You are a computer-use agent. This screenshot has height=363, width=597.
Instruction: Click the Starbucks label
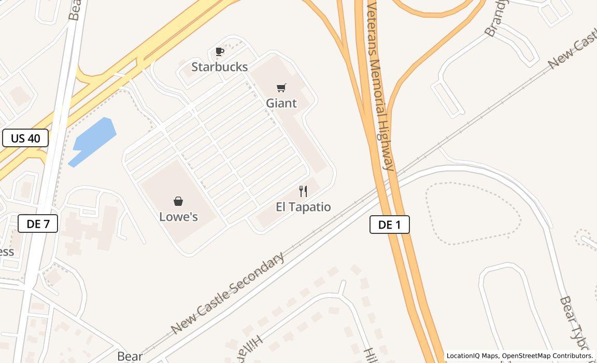point(220,67)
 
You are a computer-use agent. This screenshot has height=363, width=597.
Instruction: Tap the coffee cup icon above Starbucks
point(220,51)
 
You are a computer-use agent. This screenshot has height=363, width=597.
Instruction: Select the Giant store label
point(281,103)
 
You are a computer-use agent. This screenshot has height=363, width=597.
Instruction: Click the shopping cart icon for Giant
point(281,88)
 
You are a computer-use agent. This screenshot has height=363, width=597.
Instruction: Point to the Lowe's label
point(178,217)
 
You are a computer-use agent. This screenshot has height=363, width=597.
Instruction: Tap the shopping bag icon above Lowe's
point(178,201)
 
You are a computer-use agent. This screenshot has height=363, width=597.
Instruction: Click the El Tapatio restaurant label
point(303,207)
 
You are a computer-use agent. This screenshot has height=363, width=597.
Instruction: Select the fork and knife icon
point(303,191)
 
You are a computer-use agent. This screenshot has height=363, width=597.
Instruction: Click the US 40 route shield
point(25,138)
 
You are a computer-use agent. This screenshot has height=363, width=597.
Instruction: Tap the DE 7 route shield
point(38,224)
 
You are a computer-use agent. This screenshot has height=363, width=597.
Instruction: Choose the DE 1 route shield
point(390,225)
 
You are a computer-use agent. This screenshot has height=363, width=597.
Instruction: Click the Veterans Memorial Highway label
point(381,86)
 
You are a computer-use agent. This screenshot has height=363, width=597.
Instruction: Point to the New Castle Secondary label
point(228,293)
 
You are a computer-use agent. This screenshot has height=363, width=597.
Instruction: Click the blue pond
point(93,140)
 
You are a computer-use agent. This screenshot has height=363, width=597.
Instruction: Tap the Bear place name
point(130,356)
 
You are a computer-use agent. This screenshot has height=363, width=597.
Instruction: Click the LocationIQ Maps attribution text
point(472,356)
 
